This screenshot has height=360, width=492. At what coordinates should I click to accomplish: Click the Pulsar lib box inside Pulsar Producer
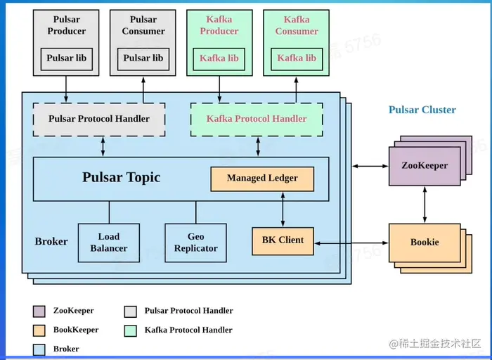[65, 58]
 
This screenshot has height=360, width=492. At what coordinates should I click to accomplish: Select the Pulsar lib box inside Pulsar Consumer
[143, 58]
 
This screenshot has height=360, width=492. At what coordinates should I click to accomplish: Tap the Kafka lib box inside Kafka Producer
[219, 58]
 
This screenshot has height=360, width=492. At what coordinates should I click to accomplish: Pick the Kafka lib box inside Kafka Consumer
[296, 58]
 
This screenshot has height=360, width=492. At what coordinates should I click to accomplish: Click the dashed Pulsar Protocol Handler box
[99, 120]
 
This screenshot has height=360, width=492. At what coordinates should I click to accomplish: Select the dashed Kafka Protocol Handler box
[257, 120]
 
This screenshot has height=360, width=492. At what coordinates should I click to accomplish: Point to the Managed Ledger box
[262, 179]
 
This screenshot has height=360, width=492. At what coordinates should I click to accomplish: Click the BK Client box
[283, 240]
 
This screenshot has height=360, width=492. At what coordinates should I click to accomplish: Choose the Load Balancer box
[109, 243]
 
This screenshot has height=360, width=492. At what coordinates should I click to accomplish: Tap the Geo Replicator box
[195, 243]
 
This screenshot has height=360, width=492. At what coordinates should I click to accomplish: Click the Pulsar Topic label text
[121, 177]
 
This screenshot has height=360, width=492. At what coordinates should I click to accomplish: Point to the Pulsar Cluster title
[422, 110]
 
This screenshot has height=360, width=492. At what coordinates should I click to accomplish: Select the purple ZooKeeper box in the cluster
[424, 167]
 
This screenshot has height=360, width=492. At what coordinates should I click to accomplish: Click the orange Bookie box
[424, 243]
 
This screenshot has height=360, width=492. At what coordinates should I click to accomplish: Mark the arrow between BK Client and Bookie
[351, 243]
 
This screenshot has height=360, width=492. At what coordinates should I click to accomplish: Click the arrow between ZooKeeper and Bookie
[425, 205]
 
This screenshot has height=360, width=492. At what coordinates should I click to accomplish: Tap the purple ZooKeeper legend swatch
[39, 311]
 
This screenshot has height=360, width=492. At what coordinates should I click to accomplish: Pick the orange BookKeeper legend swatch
[39, 330]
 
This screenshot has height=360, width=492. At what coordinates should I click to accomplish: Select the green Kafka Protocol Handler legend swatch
[130, 330]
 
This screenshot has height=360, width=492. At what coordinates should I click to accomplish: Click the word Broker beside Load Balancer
[51, 242]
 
